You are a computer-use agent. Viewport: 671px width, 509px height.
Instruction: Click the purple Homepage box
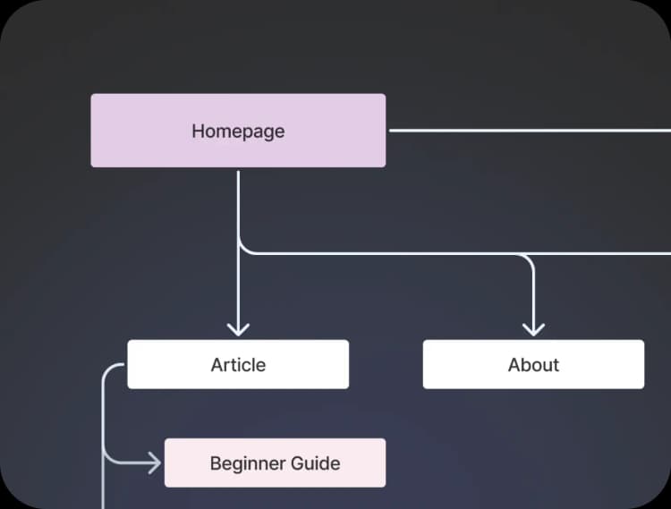point(238,131)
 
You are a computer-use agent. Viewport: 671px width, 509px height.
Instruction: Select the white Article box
point(238,364)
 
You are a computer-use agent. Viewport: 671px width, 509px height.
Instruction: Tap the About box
point(533,364)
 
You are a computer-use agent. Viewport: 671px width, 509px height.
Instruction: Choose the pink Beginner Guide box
point(275,462)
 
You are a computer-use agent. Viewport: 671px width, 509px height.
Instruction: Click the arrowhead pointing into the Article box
point(238,329)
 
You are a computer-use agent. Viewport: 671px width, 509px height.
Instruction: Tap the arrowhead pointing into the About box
point(533,329)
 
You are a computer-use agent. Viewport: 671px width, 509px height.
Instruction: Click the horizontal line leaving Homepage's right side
point(528,131)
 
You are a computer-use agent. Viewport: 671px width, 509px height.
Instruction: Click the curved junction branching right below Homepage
point(244,249)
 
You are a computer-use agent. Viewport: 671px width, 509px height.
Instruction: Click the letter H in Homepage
point(198,131)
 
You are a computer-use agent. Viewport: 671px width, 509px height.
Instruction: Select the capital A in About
point(514,365)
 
